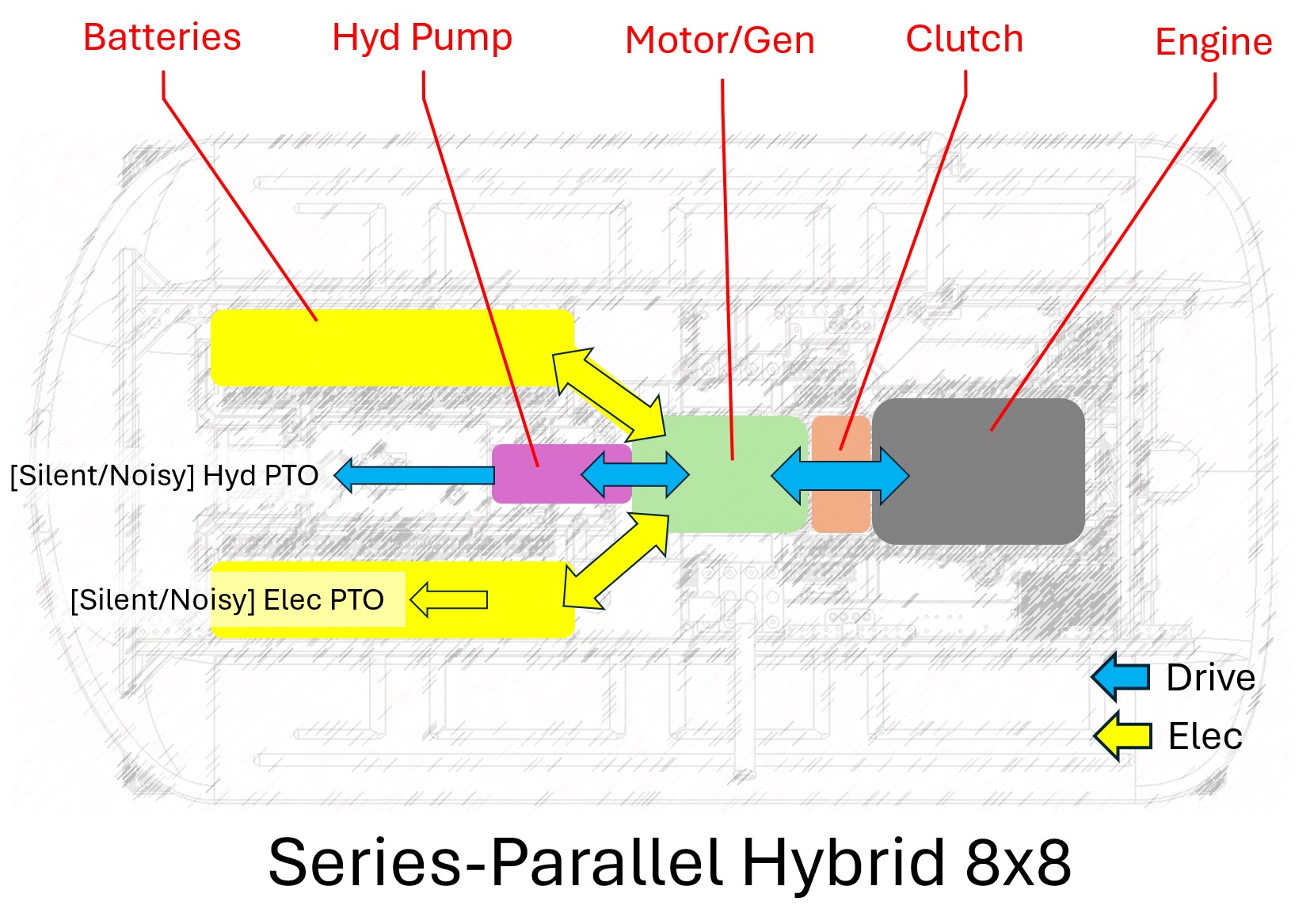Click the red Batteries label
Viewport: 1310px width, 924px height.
click(x=162, y=37)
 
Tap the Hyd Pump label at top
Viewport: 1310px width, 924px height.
click(x=421, y=38)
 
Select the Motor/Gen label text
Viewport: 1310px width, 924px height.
click(x=719, y=40)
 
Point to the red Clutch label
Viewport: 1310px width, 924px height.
click(x=964, y=39)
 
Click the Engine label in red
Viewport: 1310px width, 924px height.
click(x=1213, y=42)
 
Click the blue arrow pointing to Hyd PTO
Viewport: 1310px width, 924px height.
click(x=412, y=475)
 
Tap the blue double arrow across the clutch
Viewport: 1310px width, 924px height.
click(x=840, y=476)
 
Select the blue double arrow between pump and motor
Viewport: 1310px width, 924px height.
click(x=634, y=475)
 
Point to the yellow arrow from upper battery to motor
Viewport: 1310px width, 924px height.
click(x=608, y=394)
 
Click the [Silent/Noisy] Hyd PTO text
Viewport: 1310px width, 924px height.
click(x=164, y=476)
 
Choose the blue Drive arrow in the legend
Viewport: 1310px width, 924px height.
click(x=1120, y=677)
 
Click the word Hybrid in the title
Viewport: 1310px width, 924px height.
click(x=843, y=862)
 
